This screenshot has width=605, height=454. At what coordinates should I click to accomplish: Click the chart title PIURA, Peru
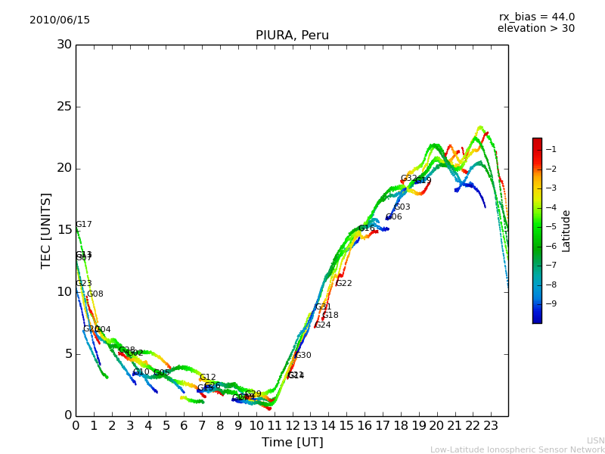click(x=292, y=36)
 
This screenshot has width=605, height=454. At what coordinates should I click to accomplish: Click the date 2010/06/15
click(x=60, y=20)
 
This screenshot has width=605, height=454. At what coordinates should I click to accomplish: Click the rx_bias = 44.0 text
click(x=536, y=17)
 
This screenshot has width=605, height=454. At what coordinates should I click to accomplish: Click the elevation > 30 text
click(x=535, y=29)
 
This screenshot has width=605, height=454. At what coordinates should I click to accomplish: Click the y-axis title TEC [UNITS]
click(x=46, y=230)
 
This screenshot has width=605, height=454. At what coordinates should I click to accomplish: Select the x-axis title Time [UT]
click(x=292, y=442)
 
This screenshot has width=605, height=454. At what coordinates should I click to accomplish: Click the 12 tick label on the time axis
click(x=292, y=426)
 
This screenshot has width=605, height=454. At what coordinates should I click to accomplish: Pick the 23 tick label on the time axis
click(x=490, y=426)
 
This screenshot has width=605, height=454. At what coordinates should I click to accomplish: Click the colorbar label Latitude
click(x=566, y=230)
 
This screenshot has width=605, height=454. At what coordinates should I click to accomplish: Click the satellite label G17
click(x=83, y=225)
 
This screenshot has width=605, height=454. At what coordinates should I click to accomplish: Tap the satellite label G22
click(x=344, y=284)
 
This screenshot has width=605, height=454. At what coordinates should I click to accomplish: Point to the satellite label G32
click(x=408, y=179)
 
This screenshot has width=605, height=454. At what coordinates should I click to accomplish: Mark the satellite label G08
click(x=95, y=294)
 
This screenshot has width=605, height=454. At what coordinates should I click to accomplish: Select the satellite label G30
click(x=302, y=356)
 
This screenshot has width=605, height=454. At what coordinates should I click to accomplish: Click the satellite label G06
click(x=393, y=217)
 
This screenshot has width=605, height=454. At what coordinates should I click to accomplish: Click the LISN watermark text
click(x=595, y=440)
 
